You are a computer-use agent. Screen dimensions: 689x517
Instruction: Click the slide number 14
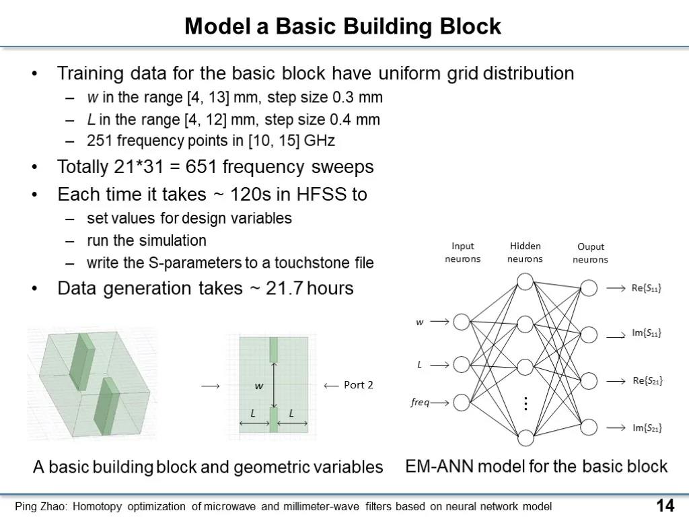[x=665, y=506]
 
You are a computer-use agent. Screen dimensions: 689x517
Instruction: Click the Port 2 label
[x=358, y=385]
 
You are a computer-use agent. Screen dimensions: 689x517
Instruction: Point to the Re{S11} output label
[x=646, y=288]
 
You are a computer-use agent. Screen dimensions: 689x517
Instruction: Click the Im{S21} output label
[x=647, y=427]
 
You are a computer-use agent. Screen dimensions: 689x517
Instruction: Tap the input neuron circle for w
[x=462, y=322]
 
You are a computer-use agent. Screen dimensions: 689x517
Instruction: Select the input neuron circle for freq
[x=462, y=403]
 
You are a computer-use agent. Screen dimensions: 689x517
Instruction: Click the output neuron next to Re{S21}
[x=589, y=381]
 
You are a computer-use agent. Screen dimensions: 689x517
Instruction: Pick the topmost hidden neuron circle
[x=525, y=282]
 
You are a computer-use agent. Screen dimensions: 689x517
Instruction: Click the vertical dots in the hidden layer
[x=525, y=403]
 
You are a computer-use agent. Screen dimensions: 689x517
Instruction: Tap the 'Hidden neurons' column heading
[x=525, y=252]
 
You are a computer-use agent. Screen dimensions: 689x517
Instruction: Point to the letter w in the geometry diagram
[x=259, y=386]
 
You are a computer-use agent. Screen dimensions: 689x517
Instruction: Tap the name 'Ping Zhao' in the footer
[x=40, y=506]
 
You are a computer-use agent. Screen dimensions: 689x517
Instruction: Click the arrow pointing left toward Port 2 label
[x=331, y=386]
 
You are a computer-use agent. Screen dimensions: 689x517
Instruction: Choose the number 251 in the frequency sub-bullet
[x=100, y=141]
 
